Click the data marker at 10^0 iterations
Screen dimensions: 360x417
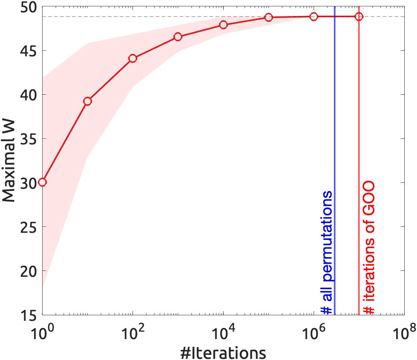tap(42, 182)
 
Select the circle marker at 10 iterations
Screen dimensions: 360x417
tap(87, 101)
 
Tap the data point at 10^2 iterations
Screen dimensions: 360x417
tap(133, 58)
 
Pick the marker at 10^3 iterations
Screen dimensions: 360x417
tap(178, 37)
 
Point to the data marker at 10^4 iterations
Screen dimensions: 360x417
tap(223, 25)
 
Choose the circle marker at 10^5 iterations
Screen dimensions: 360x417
tap(269, 17)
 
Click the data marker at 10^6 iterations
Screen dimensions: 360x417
tap(314, 16)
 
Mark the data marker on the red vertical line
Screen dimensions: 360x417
tap(359, 16)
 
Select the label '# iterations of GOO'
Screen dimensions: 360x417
tap(369, 248)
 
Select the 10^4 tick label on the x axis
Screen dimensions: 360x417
tap(223, 332)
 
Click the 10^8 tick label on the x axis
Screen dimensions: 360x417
tap(404, 332)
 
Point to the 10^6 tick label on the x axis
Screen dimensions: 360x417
tap(313, 332)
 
